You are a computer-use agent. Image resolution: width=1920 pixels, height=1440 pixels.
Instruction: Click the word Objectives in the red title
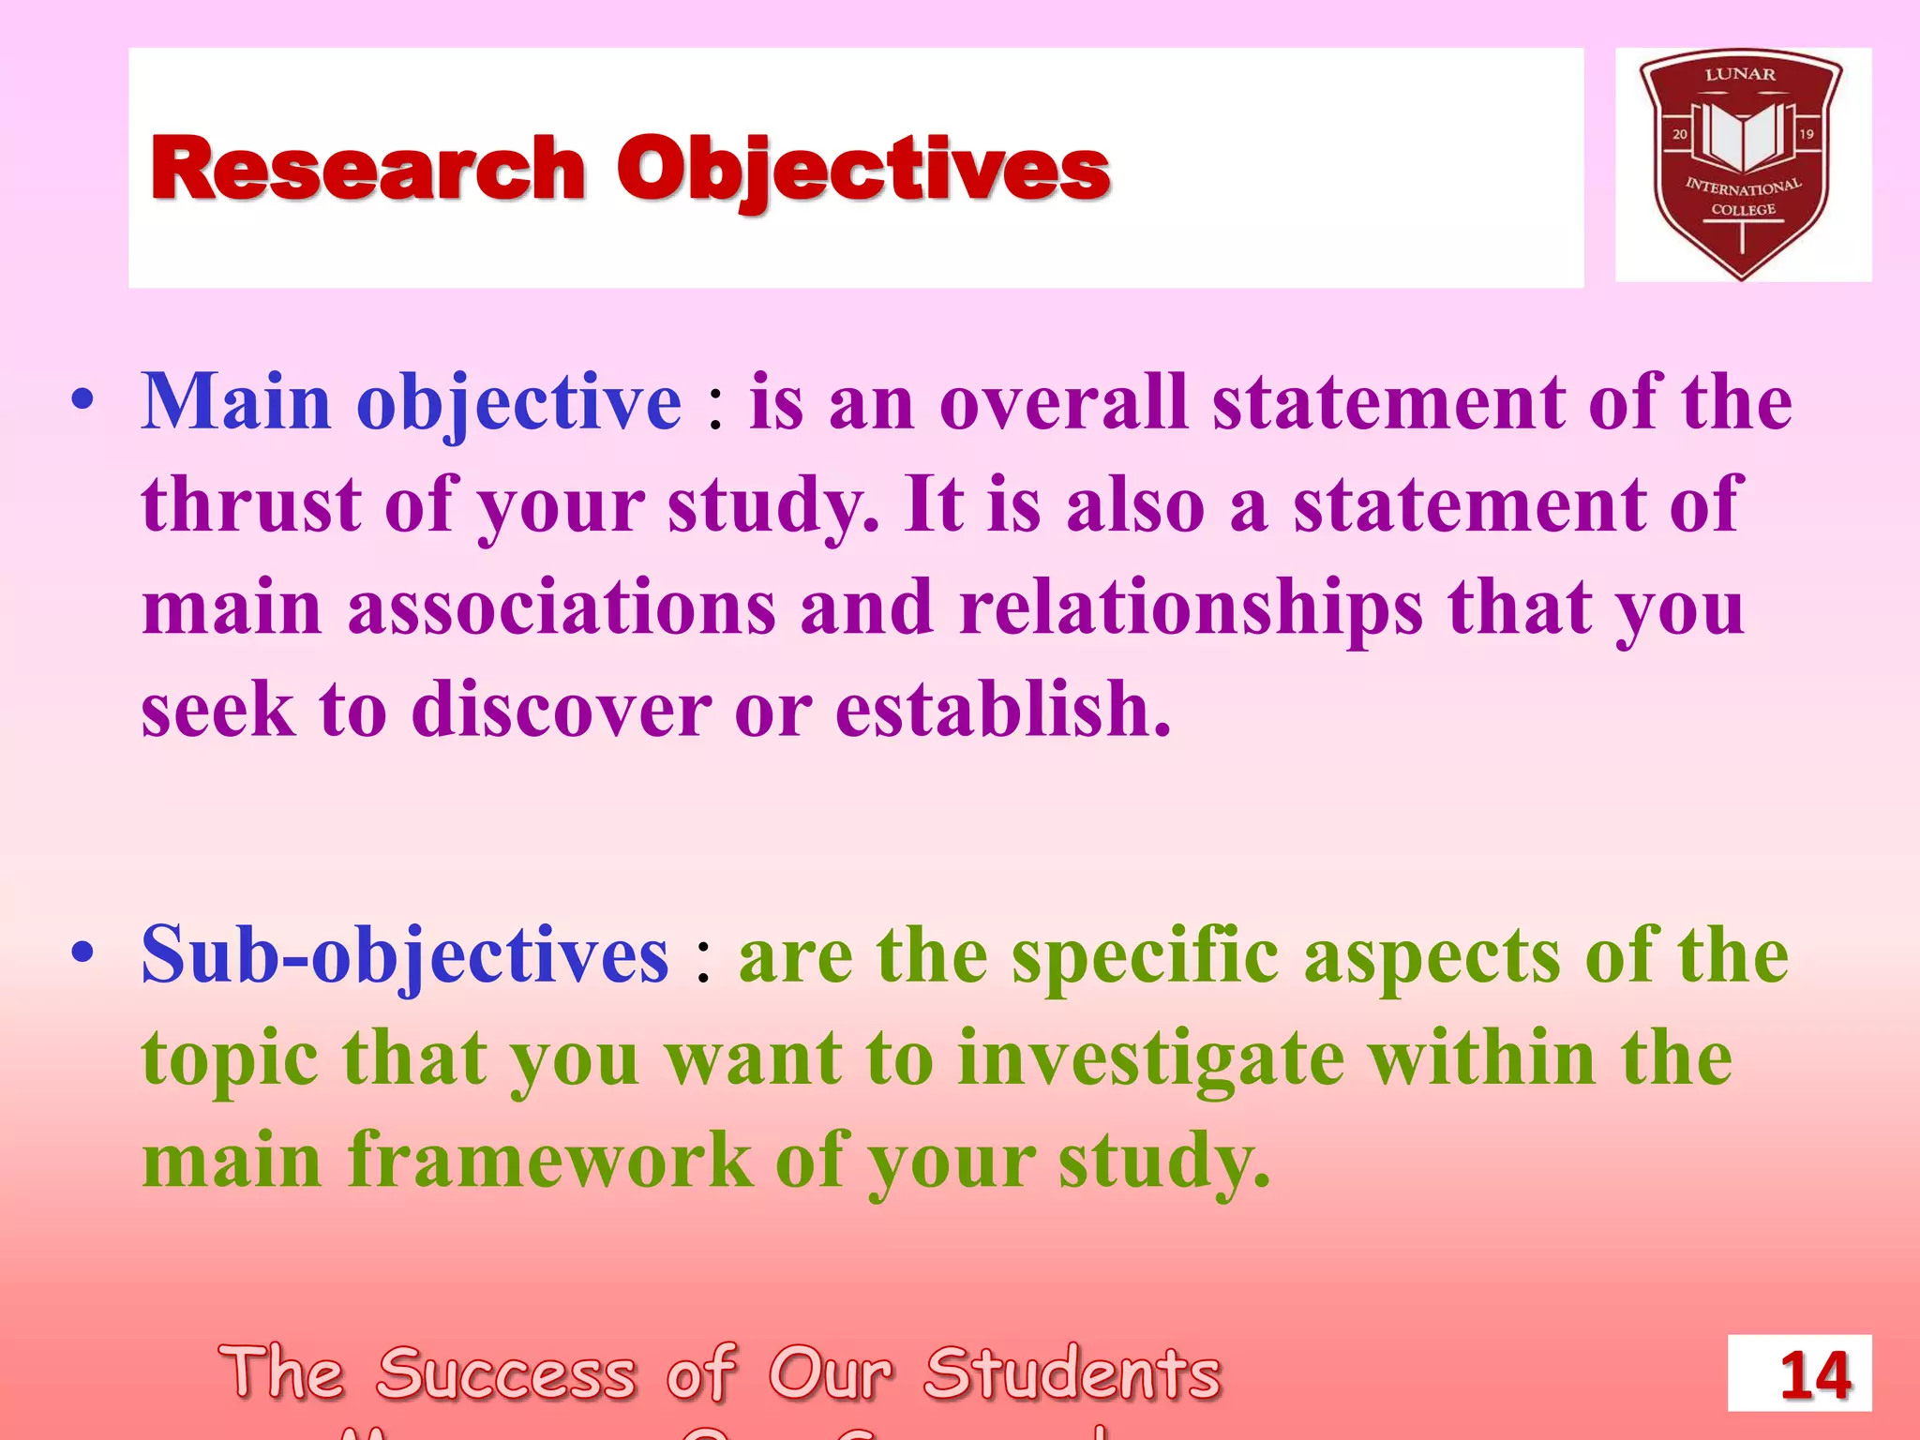[x=862, y=171]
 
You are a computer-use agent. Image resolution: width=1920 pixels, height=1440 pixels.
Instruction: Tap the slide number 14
[x=1815, y=1375]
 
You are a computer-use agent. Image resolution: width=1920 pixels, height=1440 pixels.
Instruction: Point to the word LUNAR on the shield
[x=1740, y=75]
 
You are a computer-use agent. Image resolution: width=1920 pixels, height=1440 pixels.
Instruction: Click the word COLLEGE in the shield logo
[x=1743, y=210]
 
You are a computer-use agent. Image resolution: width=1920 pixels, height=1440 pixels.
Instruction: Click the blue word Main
[x=236, y=402]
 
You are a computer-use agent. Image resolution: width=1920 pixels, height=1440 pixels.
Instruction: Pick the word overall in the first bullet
[x=1063, y=402]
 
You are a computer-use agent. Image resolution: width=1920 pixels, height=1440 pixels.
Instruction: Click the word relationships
[x=1191, y=609]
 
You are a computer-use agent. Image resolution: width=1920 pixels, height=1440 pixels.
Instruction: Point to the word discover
[x=561, y=710]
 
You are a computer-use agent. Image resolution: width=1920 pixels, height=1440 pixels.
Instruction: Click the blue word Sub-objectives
[x=405, y=955]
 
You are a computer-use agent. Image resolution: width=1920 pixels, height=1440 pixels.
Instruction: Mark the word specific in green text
[x=1145, y=955]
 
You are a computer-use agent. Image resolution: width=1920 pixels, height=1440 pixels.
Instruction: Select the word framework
[x=550, y=1161]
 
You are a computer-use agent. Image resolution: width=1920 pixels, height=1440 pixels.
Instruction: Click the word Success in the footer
[x=506, y=1373]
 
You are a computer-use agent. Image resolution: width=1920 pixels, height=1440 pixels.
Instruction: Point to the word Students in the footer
[x=1072, y=1373]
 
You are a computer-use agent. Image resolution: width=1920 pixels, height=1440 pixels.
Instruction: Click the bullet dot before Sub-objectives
[x=82, y=953]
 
